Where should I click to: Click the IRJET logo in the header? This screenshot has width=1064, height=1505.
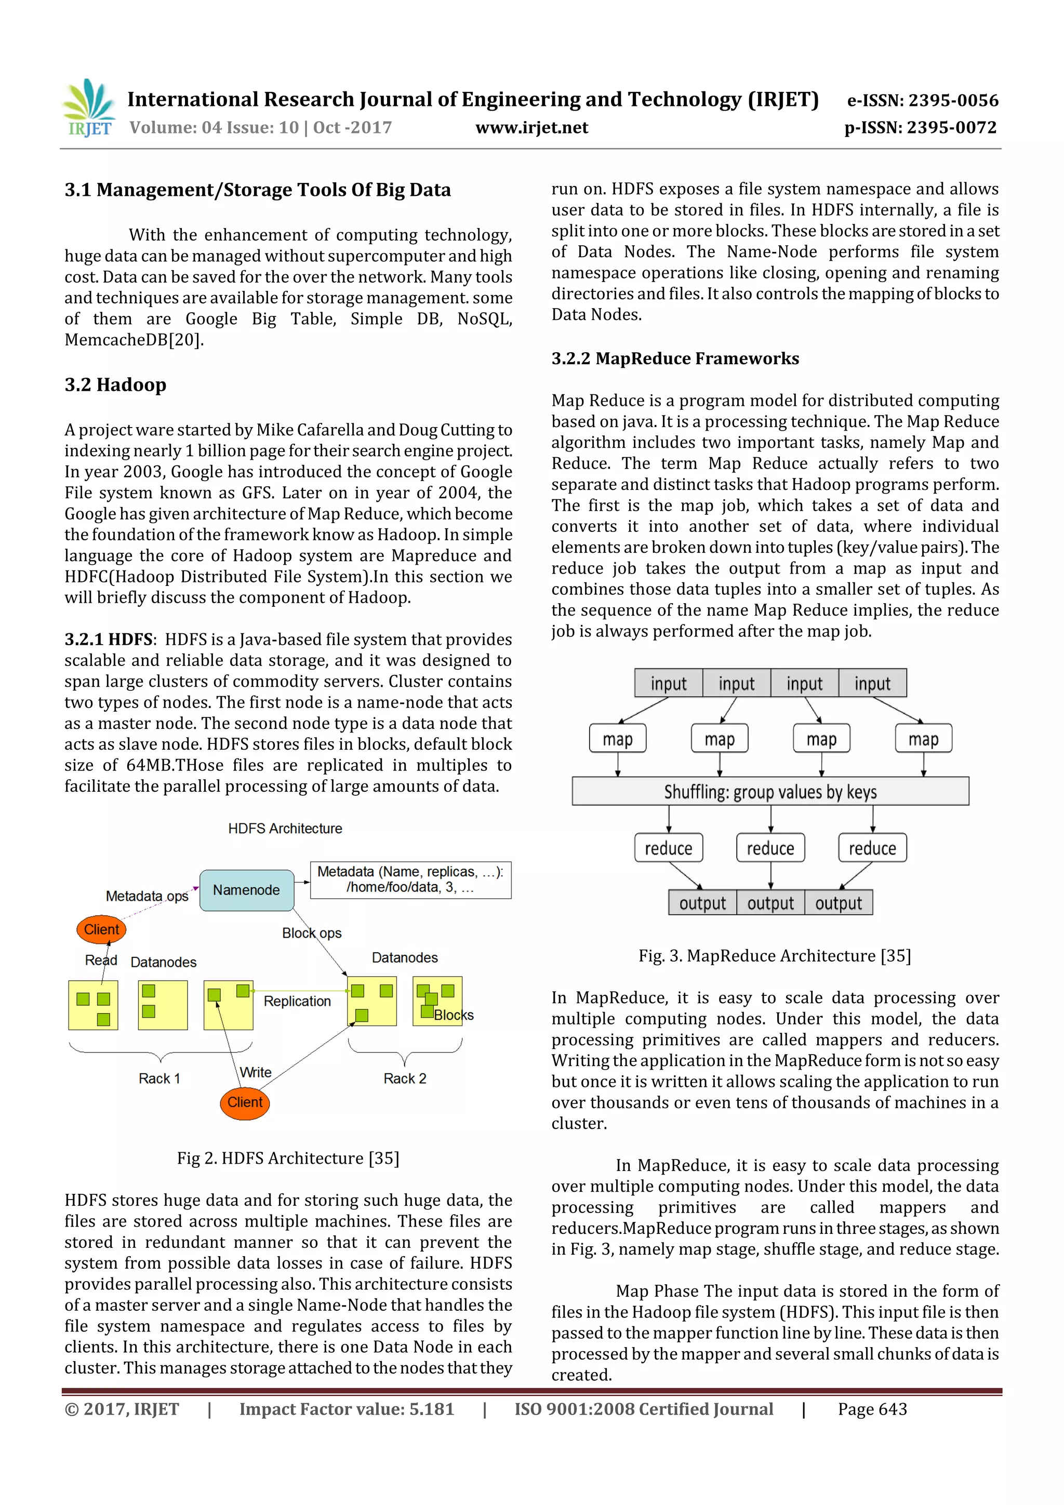[88, 108]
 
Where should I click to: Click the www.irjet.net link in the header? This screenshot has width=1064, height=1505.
[531, 127]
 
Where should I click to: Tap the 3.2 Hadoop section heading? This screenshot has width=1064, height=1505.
[115, 385]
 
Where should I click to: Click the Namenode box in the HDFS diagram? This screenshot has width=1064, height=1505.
[246, 889]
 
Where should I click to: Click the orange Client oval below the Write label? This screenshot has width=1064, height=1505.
[245, 1102]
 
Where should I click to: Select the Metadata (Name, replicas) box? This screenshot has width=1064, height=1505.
[410, 880]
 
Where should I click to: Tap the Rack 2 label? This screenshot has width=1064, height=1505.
[405, 1078]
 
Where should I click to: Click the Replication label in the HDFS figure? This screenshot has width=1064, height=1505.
[297, 1001]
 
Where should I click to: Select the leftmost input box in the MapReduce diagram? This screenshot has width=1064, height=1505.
[668, 684]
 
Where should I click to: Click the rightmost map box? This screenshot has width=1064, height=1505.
[923, 739]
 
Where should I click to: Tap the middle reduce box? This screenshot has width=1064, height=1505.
[770, 847]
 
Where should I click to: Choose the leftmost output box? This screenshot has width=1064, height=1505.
[702, 902]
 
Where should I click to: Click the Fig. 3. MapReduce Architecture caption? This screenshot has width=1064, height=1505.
[774, 956]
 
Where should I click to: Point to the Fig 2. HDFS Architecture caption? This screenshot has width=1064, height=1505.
[288, 1158]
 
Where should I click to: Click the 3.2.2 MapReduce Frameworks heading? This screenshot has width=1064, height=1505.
[674, 358]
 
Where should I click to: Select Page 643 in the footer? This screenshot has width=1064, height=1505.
[872, 1409]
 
